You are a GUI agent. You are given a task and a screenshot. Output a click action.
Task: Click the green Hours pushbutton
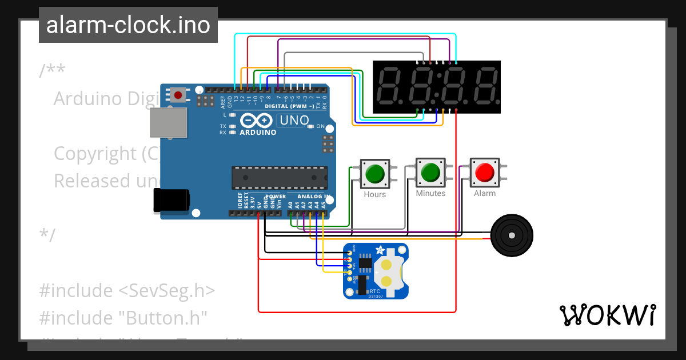(374, 174)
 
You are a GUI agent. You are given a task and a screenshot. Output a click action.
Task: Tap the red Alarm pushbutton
(485, 173)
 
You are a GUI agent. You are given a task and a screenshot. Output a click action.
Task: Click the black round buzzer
(512, 235)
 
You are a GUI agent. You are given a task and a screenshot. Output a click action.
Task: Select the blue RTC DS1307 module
(376, 271)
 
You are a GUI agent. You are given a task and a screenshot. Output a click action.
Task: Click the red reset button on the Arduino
(178, 95)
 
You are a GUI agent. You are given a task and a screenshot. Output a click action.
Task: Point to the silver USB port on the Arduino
(168, 123)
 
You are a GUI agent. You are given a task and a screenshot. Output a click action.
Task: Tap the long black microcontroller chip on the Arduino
(280, 178)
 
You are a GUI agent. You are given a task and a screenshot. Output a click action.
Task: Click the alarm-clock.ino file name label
(128, 25)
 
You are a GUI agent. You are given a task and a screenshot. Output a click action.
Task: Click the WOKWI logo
(607, 315)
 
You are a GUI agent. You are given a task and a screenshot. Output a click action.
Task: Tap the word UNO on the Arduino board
(294, 121)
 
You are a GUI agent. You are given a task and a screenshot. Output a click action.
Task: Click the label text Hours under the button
(375, 194)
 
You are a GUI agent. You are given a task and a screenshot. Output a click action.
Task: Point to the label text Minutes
(430, 194)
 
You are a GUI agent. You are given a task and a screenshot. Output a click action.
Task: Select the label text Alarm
(485, 193)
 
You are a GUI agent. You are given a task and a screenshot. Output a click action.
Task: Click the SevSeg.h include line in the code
(127, 290)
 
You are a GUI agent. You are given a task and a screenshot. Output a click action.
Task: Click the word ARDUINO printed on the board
(258, 133)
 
